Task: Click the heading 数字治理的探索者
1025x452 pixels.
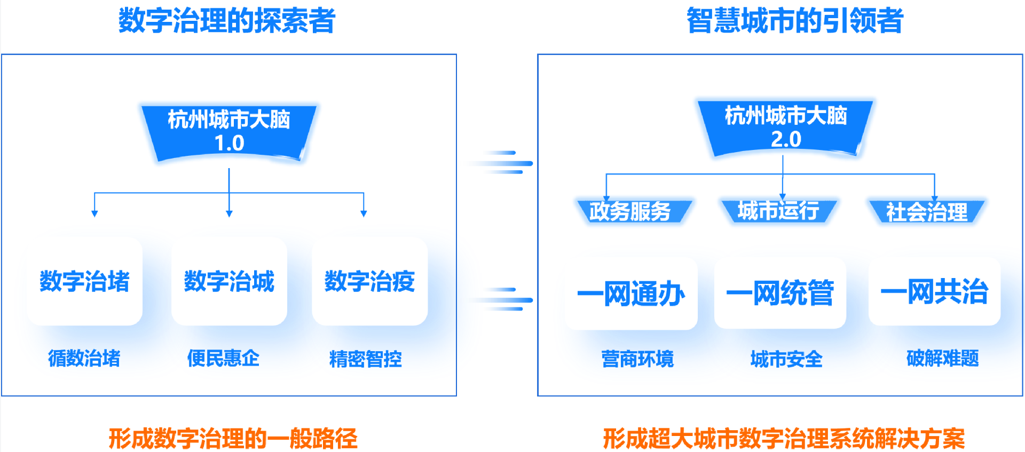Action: (x=227, y=21)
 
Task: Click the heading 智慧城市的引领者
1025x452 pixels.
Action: (x=795, y=21)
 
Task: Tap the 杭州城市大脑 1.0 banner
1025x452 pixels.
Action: (x=229, y=131)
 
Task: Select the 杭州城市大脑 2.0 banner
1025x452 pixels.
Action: (x=785, y=128)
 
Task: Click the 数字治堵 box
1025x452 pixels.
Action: (x=85, y=281)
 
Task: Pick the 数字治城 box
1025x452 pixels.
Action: (x=229, y=281)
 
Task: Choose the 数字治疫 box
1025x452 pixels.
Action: (x=369, y=281)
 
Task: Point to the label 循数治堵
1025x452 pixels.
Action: (x=84, y=358)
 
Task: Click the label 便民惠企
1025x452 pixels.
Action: (x=223, y=358)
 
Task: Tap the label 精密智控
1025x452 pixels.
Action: (x=366, y=359)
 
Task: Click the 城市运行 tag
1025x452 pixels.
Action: (x=778, y=211)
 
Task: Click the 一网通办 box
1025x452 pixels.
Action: (x=631, y=294)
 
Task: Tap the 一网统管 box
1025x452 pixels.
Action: (x=780, y=292)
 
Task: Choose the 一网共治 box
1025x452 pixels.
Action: (x=934, y=291)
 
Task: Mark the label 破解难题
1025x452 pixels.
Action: (x=943, y=358)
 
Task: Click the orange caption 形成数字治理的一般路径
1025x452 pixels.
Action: (x=233, y=439)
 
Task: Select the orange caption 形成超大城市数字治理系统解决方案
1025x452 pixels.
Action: (x=784, y=439)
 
